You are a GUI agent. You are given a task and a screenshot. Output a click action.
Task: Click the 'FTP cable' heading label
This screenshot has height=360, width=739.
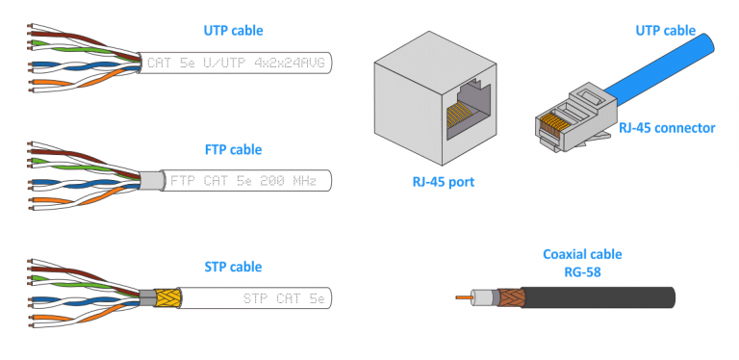[233, 150]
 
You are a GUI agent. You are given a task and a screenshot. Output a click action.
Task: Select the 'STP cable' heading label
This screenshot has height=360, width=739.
[233, 267]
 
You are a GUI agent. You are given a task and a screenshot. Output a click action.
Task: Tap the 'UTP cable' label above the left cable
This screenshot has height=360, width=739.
[233, 32]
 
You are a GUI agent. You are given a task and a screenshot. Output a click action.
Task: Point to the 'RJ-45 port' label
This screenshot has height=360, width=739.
[435, 179]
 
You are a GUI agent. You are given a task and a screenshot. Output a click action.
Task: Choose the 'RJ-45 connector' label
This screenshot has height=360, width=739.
[666, 127]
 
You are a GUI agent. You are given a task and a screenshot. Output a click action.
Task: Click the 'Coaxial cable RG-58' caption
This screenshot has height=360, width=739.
[581, 263]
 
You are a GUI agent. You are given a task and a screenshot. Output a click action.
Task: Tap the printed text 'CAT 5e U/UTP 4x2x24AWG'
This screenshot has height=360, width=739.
[237, 64]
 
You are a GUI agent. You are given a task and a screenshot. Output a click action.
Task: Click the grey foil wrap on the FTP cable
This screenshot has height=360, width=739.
[152, 180]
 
